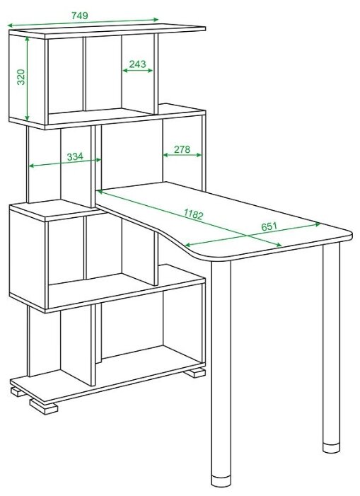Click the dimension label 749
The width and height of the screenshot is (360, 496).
point(80,15)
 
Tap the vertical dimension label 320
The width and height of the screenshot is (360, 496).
point(21,77)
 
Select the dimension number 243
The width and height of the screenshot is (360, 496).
point(137,64)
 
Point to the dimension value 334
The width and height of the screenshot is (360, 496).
point(75,156)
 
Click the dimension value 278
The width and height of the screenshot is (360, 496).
point(182,149)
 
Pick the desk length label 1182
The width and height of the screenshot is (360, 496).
point(193,214)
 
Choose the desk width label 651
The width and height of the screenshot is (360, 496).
point(269,226)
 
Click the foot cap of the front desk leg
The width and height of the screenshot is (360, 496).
point(221,481)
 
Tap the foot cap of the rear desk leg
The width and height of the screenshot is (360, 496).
point(331,448)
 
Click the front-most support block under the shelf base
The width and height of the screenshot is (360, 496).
point(44,406)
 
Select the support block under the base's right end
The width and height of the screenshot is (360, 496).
point(195,373)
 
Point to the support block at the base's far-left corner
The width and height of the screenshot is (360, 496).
point(18,392)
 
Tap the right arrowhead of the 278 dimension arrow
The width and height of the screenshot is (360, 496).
point(199,155)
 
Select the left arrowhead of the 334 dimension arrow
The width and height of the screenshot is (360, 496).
point(32,166)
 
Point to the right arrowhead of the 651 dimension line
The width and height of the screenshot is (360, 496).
point(318,224)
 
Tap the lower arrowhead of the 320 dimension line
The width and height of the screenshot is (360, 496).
point(27,117)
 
